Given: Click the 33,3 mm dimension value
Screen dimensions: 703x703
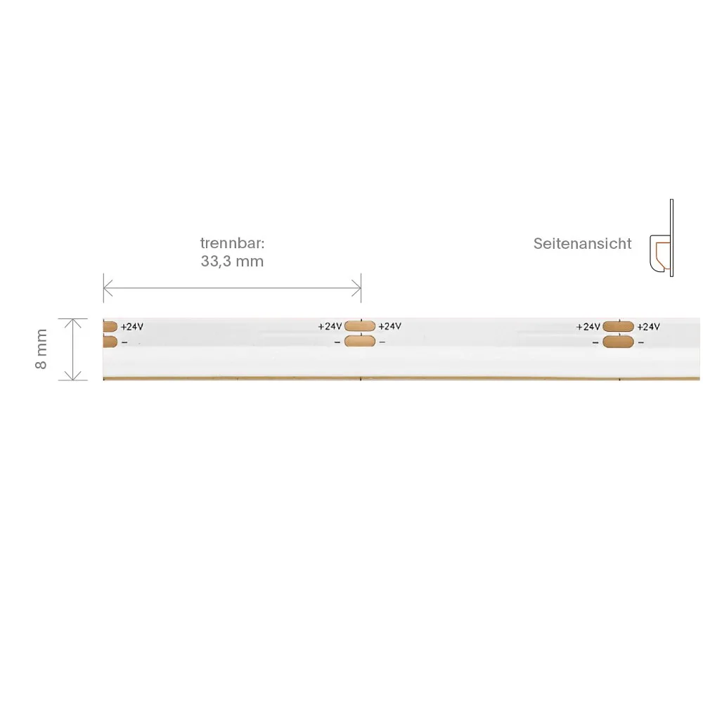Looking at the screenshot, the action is (232, 261).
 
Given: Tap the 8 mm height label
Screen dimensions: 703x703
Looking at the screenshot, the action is (41, 349).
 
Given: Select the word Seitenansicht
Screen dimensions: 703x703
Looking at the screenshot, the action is (582, 243).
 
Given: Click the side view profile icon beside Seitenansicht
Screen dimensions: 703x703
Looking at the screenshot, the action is (662, 238).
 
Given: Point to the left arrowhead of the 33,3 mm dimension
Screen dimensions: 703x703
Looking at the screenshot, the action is (108, 288).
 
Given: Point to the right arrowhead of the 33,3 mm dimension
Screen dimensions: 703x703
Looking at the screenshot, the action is (356, 288).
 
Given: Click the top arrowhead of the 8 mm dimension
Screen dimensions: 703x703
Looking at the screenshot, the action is (72, 323).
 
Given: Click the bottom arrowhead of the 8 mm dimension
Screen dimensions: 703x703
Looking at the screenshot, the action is (72, 375).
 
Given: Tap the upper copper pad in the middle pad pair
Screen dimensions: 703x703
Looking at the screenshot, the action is (359, 326).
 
